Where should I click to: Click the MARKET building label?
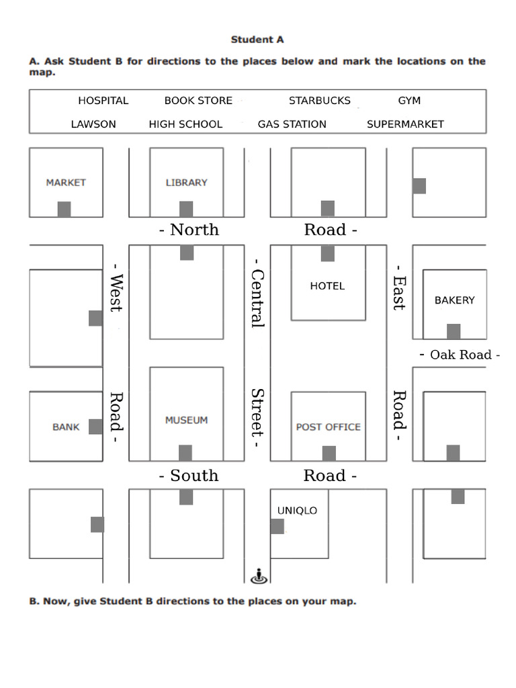coord(66,182)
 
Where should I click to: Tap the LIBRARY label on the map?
coord(186,182)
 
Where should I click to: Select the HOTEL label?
coord(327,286)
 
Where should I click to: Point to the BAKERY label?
coord(454,300)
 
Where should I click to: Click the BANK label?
coord(66,427)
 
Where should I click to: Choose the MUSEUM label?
coord(186,420)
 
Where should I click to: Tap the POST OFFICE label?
coord(328,427)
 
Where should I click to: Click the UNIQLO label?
coord(297,511)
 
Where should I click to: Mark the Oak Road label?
coord(460,354)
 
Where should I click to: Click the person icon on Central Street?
coord(259,576)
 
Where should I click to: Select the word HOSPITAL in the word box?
coord(103,101)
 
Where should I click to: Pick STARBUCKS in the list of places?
coord(319,101)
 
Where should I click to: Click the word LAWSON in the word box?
coord(93,124)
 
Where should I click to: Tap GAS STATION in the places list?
coord(292,124)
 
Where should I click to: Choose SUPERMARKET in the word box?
coord(405,124)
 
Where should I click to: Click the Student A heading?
coord(257,40)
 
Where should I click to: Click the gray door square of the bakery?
coord(454,331)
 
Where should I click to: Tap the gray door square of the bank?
coord(95,427)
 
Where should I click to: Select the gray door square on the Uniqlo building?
coord(277,526)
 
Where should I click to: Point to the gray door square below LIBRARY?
coord(186,209)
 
